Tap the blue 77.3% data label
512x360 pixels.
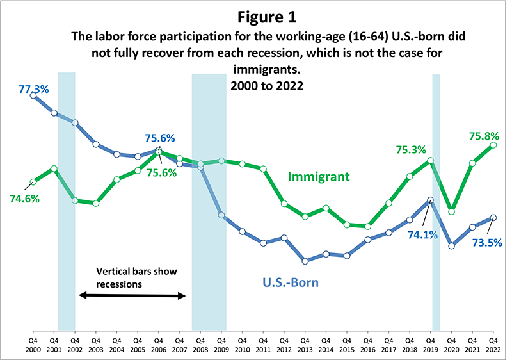click(x=34, y=83)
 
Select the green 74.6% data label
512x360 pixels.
click(x=24, y=199)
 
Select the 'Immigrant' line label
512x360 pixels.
click(x=319, y=176)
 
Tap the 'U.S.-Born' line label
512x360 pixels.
click(x=291, y=281)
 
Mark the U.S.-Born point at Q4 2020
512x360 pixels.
click(x=451, y=245)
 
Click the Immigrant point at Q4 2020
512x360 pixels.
click(x=451, y=211)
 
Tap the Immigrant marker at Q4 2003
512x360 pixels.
click(x=96, y=204)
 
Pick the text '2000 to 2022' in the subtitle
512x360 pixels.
click(x=255, y=85)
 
